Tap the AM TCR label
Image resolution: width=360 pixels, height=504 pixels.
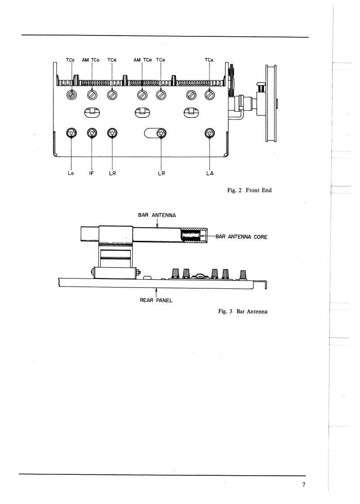[142, 59]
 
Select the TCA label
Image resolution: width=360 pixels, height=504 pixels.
[209, 59]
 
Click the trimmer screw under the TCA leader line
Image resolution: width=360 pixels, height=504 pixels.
[209, 95]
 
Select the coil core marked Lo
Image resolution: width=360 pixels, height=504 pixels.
[71, 133]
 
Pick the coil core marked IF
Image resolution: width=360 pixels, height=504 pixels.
[92, 133]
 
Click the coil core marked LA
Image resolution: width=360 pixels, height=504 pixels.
[210, 133]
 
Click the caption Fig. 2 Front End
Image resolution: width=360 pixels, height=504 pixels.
[250, 191]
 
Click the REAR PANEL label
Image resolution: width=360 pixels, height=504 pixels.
[156, 300]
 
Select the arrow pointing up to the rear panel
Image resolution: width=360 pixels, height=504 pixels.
[156, 290]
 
